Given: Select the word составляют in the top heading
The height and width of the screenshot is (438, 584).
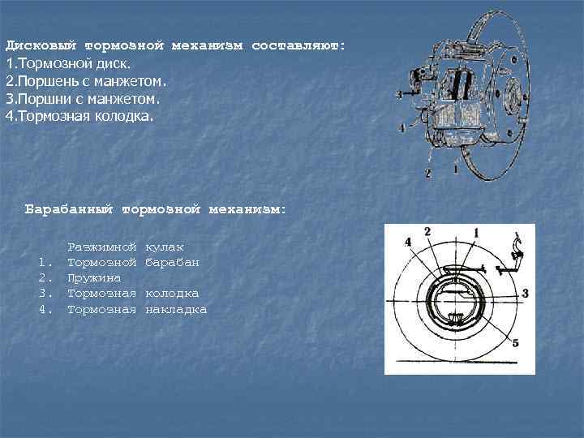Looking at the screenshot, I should pyautogui.click(x=298, y=46).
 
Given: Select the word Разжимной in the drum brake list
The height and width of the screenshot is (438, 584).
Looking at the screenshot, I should pyautogui.click(x=101, y=247).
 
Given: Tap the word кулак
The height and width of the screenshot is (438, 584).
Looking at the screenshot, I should pyautogui.click(x=165, y=247).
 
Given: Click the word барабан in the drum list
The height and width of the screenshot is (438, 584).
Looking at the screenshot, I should pyautogui.click(x=173, y=262).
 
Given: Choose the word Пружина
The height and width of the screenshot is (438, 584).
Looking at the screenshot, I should pyautogui.click(x=93, y=277).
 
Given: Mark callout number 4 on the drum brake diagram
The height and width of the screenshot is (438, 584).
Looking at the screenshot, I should pyautogui.click(x=407, y=243).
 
